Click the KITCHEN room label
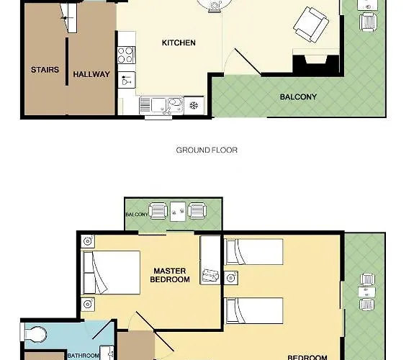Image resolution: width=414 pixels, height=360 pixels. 179,42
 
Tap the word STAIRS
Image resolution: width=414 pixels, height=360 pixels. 45,70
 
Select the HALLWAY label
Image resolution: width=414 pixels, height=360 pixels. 91,74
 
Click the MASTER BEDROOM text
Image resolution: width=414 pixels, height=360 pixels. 170,275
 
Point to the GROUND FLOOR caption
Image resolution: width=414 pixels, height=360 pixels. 207,150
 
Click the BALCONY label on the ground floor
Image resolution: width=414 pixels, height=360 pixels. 298,97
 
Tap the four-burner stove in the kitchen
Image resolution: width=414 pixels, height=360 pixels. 126,55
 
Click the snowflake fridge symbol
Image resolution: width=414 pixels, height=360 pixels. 194,106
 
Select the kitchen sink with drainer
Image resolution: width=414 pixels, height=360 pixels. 161,106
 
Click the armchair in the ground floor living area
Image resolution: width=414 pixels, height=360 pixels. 311,24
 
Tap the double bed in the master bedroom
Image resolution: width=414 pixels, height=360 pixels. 112,273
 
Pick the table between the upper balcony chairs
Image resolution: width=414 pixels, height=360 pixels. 178,212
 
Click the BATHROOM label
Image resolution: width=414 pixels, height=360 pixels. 84,356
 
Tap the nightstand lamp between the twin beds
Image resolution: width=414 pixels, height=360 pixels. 231,278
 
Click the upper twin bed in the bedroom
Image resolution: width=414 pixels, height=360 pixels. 253,252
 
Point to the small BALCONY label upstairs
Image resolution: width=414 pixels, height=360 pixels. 137,215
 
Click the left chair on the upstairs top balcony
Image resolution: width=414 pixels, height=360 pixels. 158,211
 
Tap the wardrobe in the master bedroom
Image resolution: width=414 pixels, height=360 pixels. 210,260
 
